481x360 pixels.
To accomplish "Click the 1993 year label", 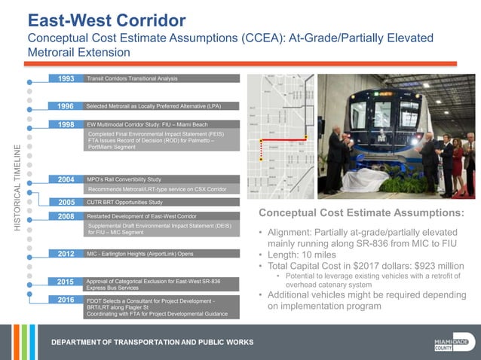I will [66, 78].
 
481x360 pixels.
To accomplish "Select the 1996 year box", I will [66, 107].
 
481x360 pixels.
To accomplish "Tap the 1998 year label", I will [66, 124].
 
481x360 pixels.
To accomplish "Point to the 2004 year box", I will [66, 179].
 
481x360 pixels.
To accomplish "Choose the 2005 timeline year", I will [66, 202].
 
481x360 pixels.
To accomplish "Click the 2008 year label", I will [66, 216].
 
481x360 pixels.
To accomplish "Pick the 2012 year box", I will [66, 255].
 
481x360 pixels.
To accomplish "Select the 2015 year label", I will [66, 282].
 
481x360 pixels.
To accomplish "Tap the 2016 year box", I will [66, 300].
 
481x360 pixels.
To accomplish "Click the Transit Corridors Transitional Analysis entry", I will [132, 78].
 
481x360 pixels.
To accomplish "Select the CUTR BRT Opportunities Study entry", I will [124, 202].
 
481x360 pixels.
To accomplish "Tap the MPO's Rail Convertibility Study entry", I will [124, 179].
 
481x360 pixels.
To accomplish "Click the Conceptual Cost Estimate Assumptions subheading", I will [361, 213].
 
